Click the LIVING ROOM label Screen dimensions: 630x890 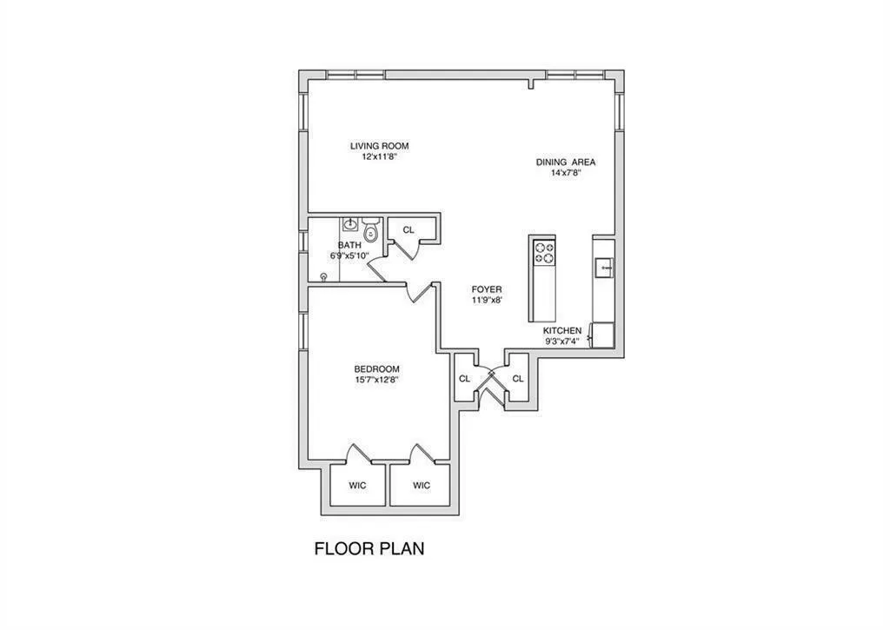tap(379, 146)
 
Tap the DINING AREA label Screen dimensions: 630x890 tap(565, 162)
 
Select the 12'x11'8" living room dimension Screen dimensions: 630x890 tap(379, 157)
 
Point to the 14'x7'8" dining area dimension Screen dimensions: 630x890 tap(565, 173)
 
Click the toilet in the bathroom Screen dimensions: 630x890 tap(371, 231)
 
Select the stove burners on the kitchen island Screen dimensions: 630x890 tap(543, 252)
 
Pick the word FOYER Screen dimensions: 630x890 tap(487, 289)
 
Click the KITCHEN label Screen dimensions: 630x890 tap(562, 331)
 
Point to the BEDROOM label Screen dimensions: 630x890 tap(376, 368)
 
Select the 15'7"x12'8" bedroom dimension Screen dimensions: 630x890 tap(376, 380)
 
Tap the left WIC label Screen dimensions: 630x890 tap(357, 486)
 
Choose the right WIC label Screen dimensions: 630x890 tap(421, 486)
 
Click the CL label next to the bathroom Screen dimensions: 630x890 tap(408, 230)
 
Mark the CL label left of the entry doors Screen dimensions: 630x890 tap(464, 379)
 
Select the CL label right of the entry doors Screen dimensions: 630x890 tap(518, 379)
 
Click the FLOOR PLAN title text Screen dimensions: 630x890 tap(369, 549)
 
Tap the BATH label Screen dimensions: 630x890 tap(349, 246)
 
